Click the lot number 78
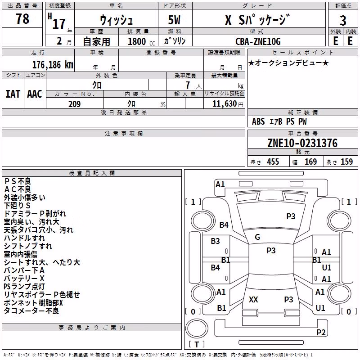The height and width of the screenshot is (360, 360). [22, 18]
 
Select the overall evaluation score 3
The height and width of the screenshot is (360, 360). [343, 20]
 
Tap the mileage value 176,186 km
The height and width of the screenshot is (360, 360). [53, 65]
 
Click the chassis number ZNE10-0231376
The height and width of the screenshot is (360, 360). [302, 143]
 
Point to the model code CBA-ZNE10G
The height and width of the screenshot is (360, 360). [258, 41]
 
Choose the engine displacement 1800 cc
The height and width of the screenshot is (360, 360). [141, 41]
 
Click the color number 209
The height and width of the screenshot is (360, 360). [74, 104]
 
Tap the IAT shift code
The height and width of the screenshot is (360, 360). [13, 94]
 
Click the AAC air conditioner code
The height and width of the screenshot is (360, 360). [35, 94]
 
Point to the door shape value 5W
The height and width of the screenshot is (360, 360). [174, 20]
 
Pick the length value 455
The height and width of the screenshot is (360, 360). [273, 162]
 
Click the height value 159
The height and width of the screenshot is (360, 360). [346, 162]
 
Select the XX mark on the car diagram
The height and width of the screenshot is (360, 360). [253, 299]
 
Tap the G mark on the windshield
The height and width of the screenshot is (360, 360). [257, 237]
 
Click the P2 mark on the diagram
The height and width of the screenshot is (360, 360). [321, 332]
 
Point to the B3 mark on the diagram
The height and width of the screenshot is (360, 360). [216, 241]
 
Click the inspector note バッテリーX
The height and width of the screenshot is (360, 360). [24, 279]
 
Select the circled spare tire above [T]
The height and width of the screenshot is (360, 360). [197, 328]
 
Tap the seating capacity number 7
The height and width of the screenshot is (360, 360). [188, 85]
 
